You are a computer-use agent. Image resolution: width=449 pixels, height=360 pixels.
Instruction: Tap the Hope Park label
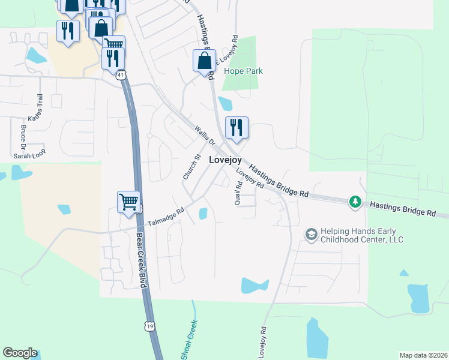coord(243,71)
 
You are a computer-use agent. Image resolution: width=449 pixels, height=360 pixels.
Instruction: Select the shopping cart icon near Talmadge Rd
coord(129,202)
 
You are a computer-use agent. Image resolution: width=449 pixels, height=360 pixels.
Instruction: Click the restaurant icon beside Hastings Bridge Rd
coord(237,128)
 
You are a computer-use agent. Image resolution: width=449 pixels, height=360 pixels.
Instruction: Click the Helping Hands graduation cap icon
coord(311,233)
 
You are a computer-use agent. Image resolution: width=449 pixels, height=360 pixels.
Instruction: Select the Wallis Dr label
coord(204,136)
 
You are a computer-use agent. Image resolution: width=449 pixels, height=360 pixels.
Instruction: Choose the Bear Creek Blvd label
coord(142,260)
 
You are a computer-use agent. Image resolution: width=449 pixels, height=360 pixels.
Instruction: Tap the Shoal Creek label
coord(191,340)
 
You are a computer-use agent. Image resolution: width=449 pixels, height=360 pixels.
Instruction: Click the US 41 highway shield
coord(121,75)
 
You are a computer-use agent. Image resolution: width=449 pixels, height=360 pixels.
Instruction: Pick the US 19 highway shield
coord(149,325)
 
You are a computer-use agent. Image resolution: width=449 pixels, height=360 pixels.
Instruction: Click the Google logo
coord(20,353)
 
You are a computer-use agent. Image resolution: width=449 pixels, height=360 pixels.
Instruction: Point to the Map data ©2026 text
coord(423,355)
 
